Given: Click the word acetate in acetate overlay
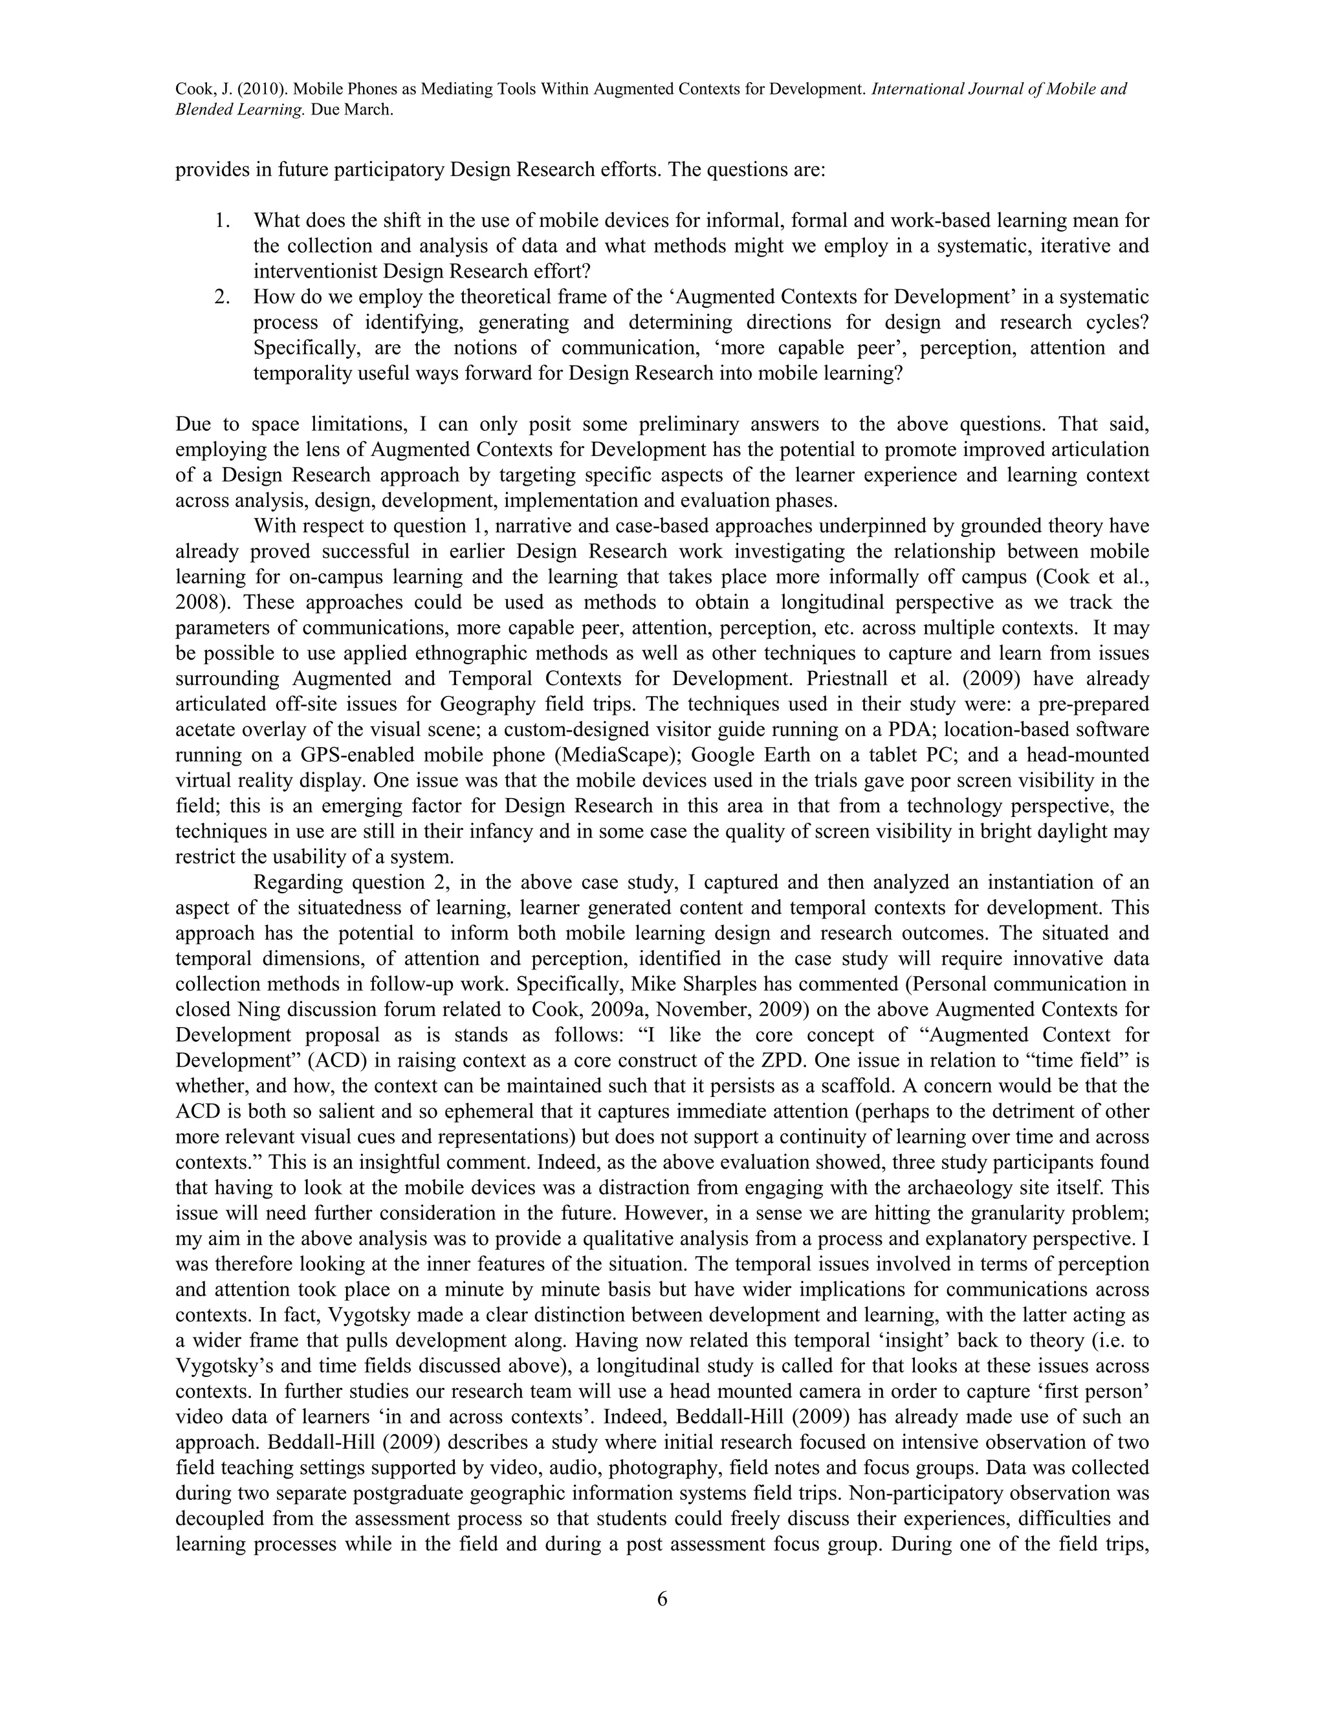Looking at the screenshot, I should coord(204,729).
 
